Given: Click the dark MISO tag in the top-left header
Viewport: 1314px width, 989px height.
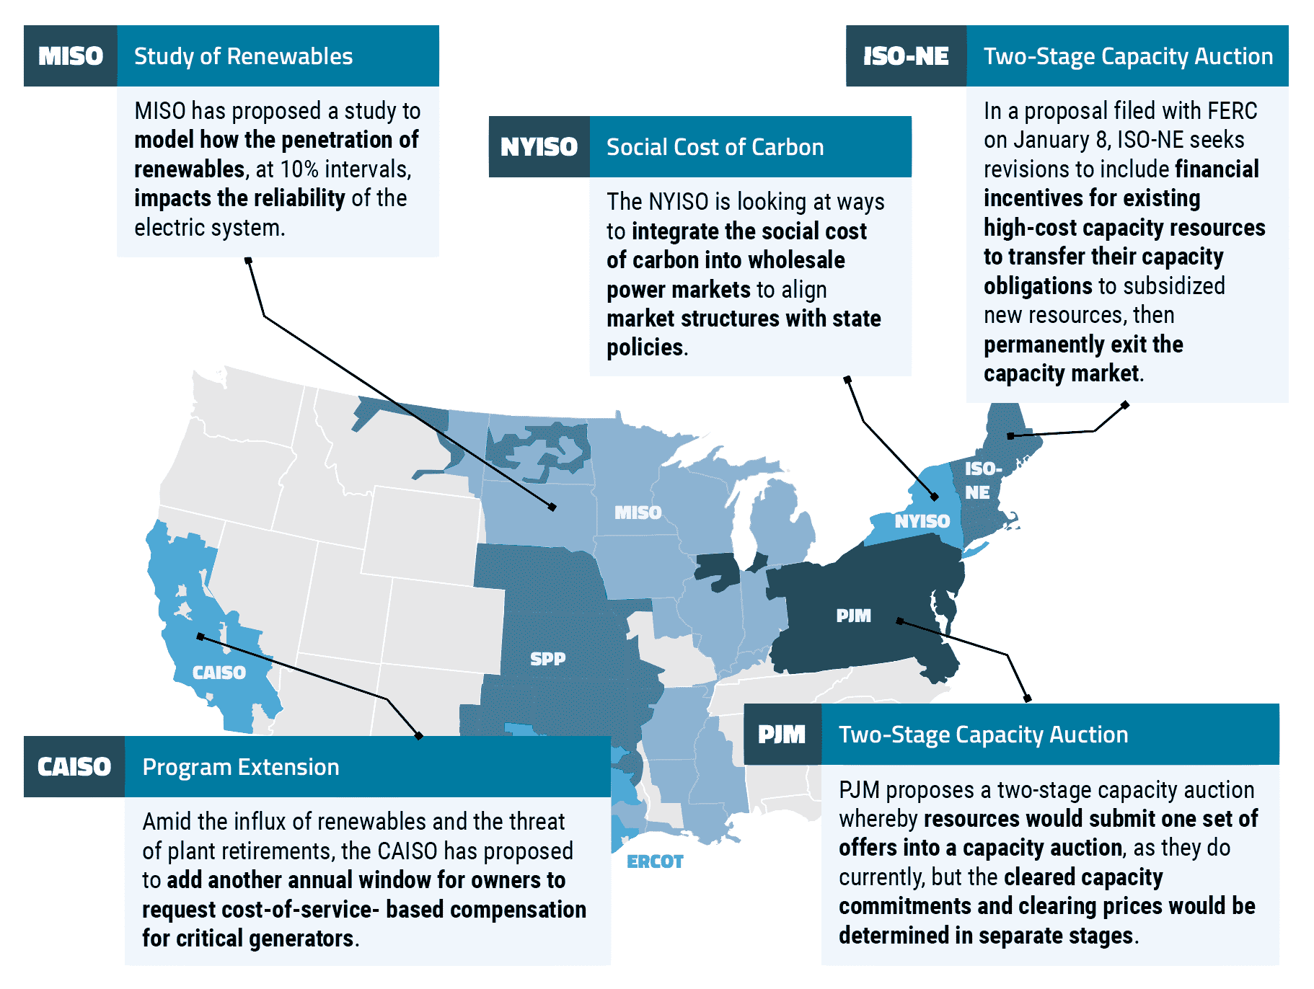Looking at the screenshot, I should [71, 56].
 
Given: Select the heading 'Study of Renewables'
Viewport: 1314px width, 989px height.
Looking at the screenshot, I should [243, 56].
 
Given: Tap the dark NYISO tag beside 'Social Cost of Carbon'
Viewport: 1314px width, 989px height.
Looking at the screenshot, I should [539, 147].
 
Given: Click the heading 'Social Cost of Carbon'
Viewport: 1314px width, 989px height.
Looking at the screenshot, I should [715, 147].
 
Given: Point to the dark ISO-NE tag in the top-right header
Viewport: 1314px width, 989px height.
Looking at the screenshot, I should [906, 56].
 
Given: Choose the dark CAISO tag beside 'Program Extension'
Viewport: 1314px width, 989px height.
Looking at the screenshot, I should [74, 767].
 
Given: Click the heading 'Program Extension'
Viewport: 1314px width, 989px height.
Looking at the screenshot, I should [241, 767].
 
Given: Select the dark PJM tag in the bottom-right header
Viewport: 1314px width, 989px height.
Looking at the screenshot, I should [782, 735].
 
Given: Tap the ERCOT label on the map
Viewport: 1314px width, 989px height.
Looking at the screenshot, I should [655, 861].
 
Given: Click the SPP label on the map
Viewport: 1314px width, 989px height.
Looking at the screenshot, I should [548, 659].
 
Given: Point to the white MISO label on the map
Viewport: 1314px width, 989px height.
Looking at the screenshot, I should [638, 513].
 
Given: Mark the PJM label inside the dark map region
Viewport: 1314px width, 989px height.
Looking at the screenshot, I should [853, 616].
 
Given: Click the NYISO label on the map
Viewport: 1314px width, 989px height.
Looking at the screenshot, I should [922, 521].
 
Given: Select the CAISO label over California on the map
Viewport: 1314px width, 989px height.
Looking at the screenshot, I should [219, 673].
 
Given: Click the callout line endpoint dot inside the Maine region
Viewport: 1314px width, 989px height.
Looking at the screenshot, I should [1010, 435].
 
